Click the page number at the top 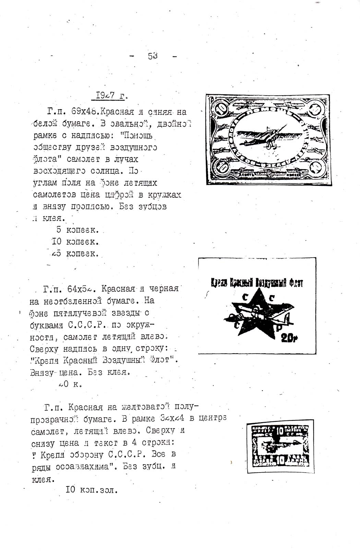click(x=153, y=56)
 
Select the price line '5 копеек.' click(x=78, y=230)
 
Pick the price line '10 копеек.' click(x=75, y=242)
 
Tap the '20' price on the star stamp click(x=289, y=339)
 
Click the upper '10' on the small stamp click(x=279, y=431)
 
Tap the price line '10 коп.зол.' click(x=92, y=490)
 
